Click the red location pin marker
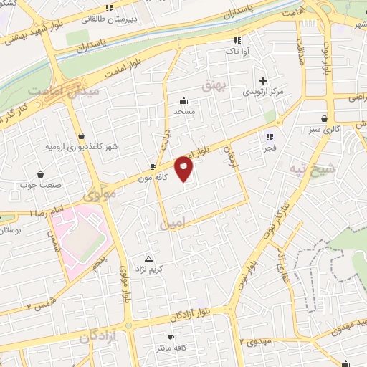point(184,169)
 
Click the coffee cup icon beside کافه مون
point(152,166)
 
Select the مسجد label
point(184,112)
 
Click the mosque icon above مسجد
point(184,100)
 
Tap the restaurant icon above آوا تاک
point(237,40)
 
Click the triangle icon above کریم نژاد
point(149,258)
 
